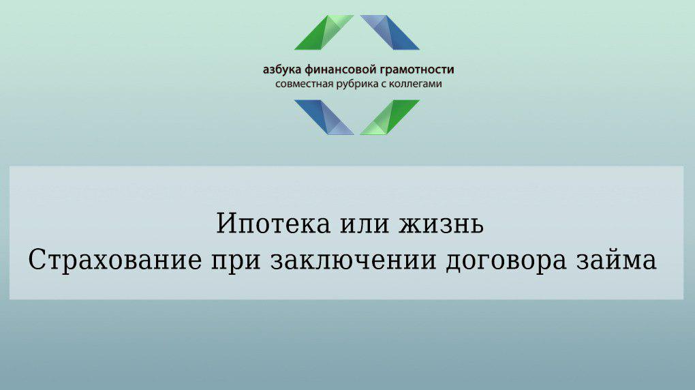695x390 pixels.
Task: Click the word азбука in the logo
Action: (282, 70)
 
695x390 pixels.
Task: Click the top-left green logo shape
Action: (324, 33)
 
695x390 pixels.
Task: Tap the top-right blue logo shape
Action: (390, 33)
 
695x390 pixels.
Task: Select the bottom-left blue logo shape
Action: (324, 117)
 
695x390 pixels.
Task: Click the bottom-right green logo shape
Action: (390, 117)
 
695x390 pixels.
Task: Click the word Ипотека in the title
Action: (273, 224)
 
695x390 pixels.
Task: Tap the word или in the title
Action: (365, 226)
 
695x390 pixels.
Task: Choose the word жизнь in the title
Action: (441, 226)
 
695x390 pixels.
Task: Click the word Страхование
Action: (114, 260)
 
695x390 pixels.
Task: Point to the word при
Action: (236, 262)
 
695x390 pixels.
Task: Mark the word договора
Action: (506, 262)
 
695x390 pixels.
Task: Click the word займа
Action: (617, 260)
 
